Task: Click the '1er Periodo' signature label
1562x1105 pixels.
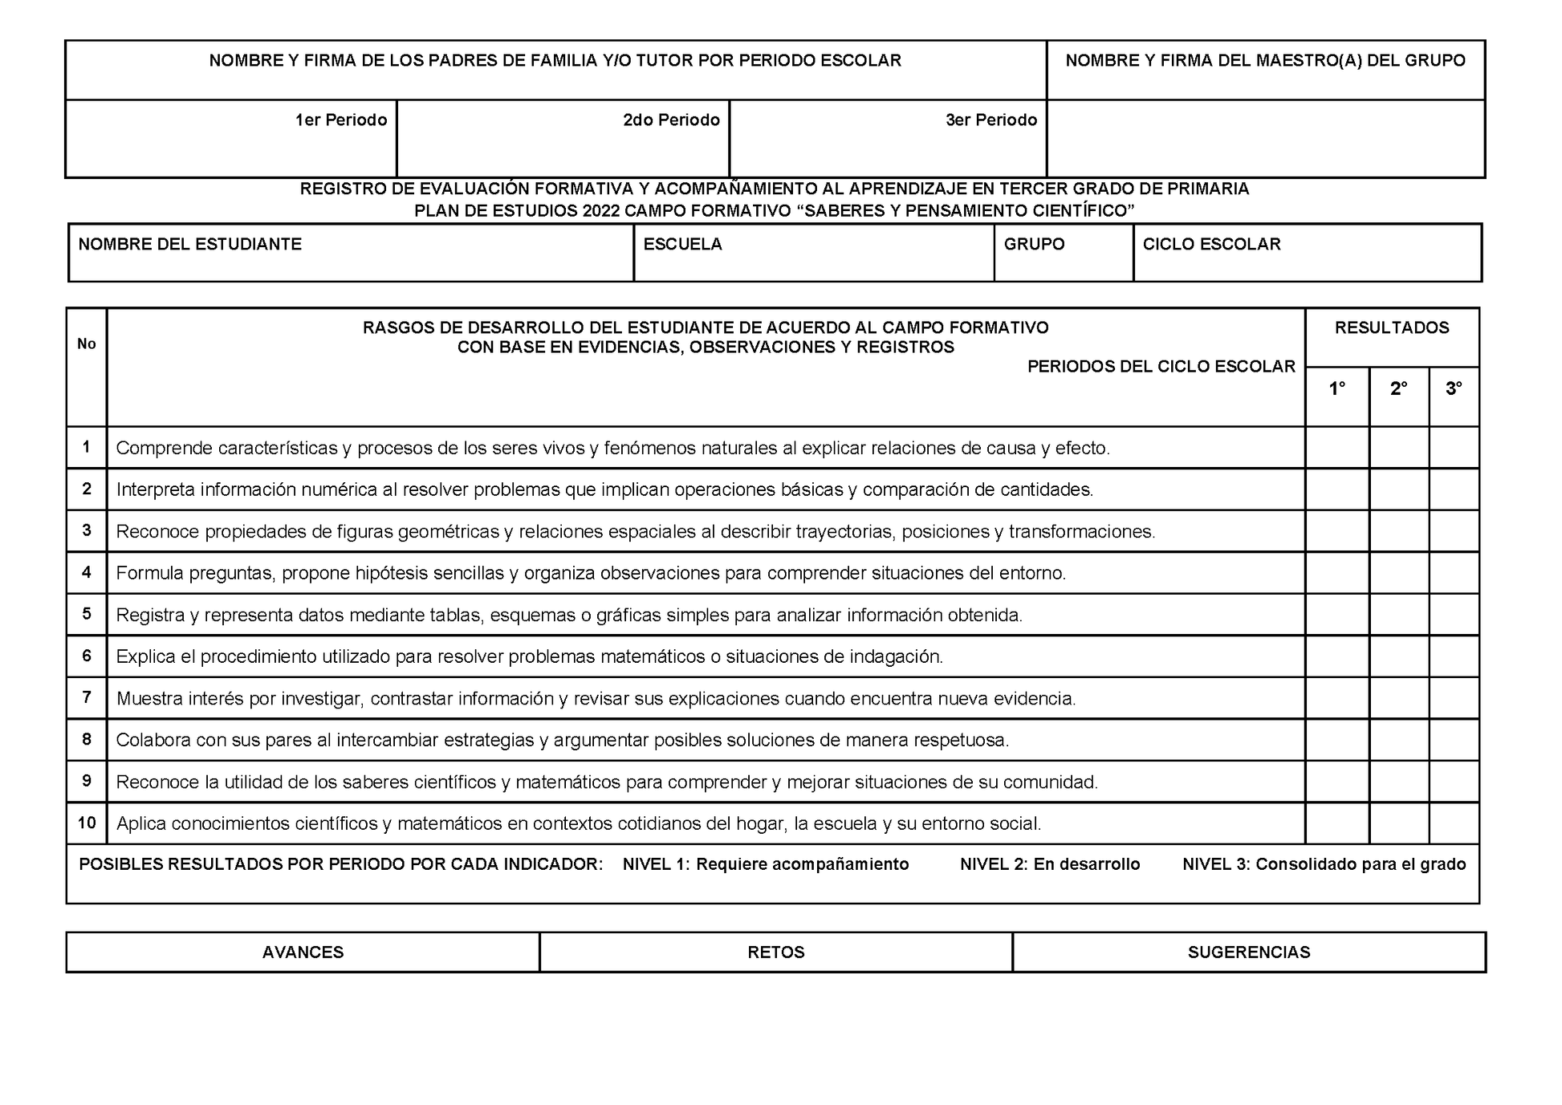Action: click(341, 120)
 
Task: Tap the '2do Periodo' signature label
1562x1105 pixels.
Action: click(671, 120)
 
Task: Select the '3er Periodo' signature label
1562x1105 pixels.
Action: click(991, 120)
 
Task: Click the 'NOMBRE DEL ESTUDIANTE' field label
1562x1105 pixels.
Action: click(190, 245)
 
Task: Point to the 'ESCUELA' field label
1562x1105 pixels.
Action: click(682, 245)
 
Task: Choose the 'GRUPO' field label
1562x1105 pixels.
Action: click(1034, 245)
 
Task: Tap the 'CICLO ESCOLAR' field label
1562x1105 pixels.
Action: click(1211, 245)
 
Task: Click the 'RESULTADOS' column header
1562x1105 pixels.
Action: click(1391, 328)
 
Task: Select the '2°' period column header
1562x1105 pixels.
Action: click(1398, 389)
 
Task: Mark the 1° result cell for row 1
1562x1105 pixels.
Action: click(1336, 448)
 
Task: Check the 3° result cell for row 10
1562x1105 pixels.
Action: click(1454, 823)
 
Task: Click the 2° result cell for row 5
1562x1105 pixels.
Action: click(1398, 615)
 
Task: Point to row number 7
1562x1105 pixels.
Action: click(87, 697)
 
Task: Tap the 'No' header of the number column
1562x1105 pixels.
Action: click(87, 344)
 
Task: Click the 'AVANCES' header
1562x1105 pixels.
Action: click(303, 953)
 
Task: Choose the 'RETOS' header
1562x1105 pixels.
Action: click(775, 953)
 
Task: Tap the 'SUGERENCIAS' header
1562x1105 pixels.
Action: click(1248, 953)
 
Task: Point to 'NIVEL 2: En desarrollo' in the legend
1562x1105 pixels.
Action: click(1050, 864)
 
